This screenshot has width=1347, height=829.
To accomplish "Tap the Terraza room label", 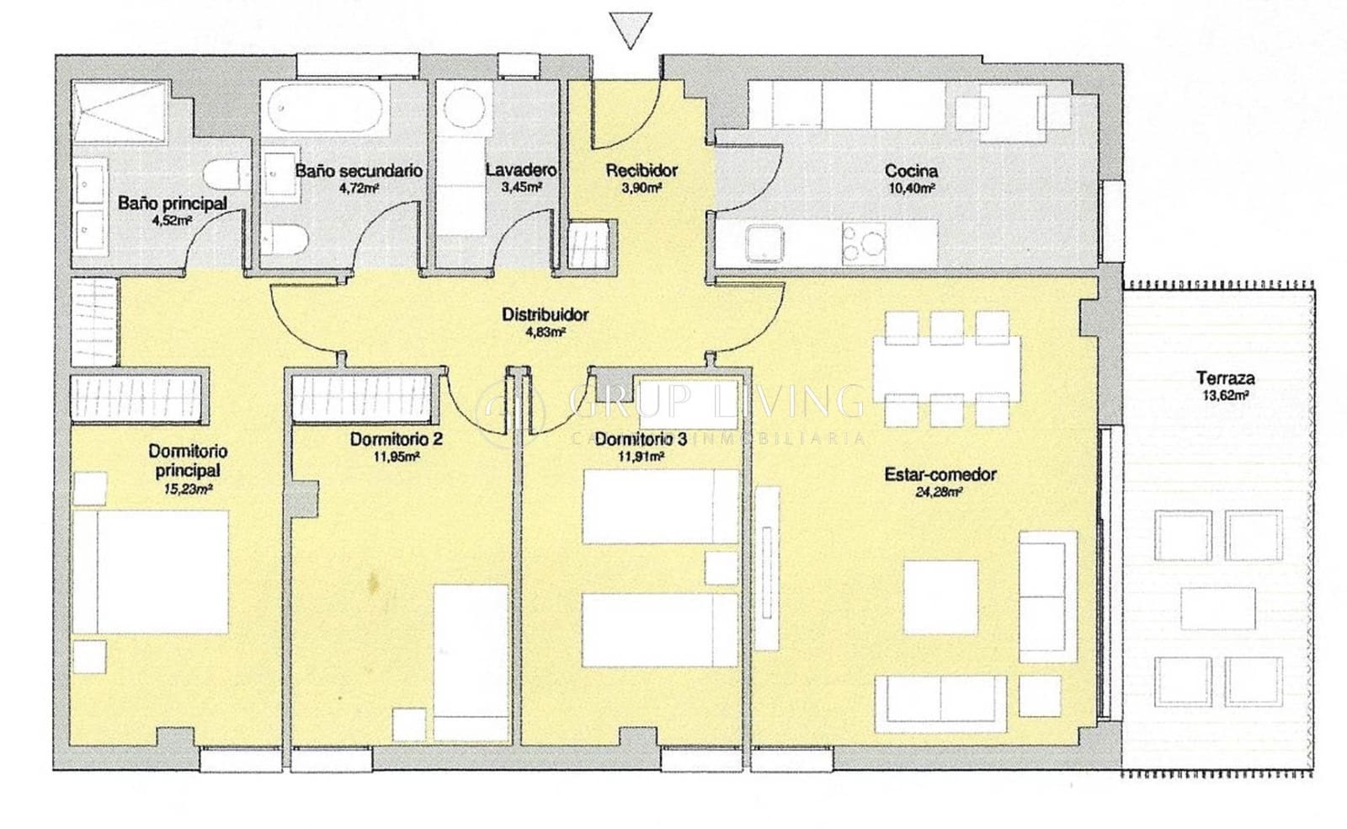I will click(x=1219, y=378).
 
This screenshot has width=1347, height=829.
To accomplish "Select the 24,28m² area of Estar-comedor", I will click(x=940, y=494).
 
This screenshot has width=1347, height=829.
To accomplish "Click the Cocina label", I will click(x=911, y=171).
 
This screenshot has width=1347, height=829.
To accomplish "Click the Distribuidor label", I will click(x=545, y=315).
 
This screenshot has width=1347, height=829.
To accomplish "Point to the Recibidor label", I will click(x=642, y=171).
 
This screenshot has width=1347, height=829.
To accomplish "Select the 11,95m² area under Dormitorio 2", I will click(x=397, y=457).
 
